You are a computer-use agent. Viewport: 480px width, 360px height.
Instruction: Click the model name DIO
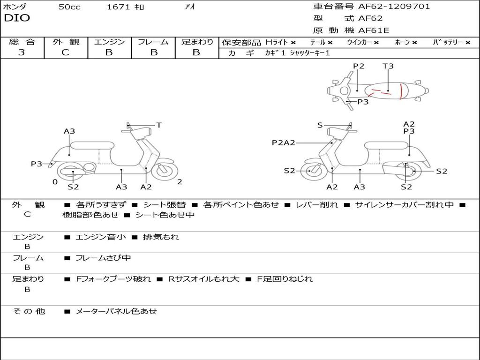click(17, 18)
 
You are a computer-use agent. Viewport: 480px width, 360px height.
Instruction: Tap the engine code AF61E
click(374, 30)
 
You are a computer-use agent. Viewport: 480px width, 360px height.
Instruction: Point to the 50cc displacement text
click(69, 7)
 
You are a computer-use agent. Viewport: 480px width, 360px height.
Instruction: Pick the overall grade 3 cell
click(22, 52)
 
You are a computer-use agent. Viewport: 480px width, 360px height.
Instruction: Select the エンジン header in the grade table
click(109, 42)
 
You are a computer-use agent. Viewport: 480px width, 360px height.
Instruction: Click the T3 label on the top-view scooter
click(388, 66)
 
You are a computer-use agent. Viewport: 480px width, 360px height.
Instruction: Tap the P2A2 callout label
click(284, 142)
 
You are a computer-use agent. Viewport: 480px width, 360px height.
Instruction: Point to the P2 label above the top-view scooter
click(359, 66)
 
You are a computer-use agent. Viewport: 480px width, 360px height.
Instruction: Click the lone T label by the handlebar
click(159, 125)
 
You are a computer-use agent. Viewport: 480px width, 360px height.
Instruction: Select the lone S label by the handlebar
click(320, 125)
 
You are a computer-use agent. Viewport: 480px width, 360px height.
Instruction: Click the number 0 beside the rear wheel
click(55, 182)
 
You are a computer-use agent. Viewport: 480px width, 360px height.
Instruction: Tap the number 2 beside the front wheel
click(180, 182)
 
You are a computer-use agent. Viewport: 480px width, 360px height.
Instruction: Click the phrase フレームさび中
click(103, 258)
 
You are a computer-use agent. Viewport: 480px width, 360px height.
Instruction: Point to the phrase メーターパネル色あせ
click(116, 311)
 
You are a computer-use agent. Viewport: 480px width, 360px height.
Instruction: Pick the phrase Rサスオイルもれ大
click(204, 279)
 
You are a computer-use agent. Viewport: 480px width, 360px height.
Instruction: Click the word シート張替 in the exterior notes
click(164, 205)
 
